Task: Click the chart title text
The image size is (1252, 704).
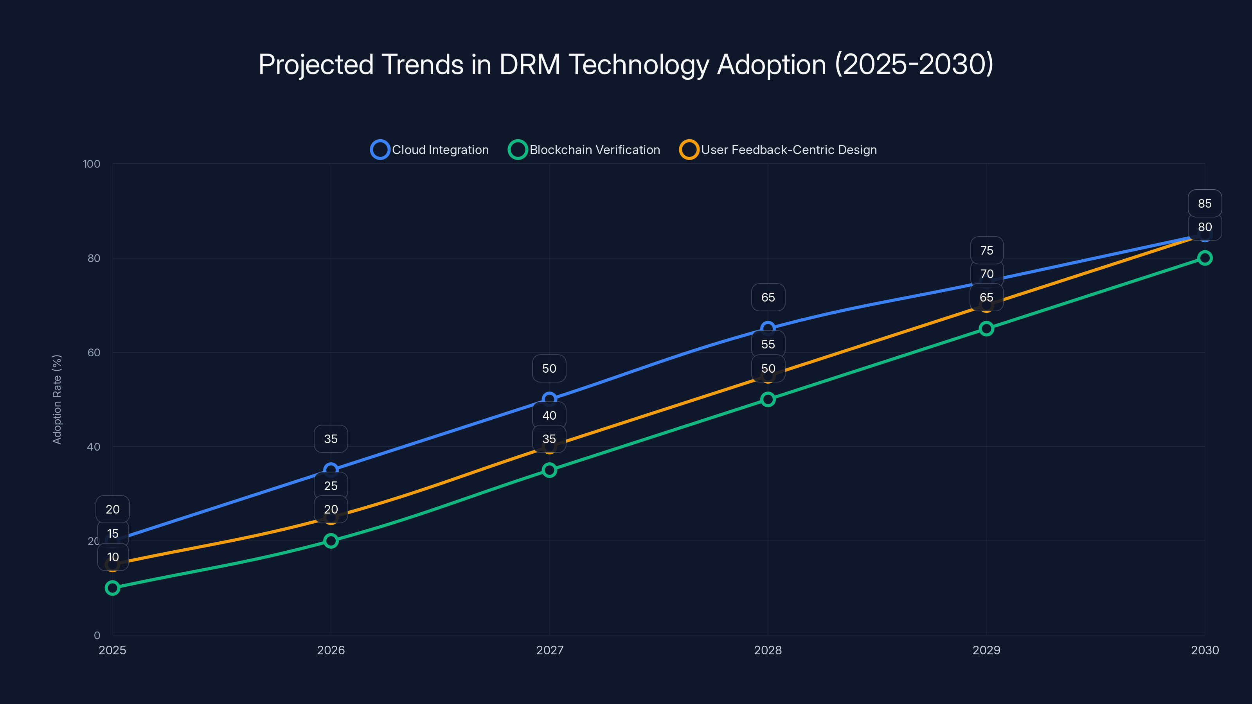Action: (x=626, y=65)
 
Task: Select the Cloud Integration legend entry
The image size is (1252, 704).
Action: (x=430, y=150)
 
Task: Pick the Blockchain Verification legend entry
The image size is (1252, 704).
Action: (x=584, y=150)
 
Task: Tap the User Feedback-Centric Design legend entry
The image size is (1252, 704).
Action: (x=778, y=150)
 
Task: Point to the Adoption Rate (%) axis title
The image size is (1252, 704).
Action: (x=57, y=399)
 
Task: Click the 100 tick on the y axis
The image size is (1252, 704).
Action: (x=92, y=164)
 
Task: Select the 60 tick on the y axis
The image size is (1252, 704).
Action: (x=94, y=352)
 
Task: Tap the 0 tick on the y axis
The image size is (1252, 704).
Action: (x=97, y=635)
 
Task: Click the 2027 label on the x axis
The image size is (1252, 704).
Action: (x=549, y=650)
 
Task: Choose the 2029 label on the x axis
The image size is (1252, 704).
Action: (x=986, y=650)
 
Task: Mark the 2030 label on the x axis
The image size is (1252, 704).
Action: (x=1204, y=650)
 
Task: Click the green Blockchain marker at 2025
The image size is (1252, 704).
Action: (x=112, y=588)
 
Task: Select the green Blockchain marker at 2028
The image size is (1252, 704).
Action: (x=768, y=399)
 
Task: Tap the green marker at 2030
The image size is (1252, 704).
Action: (x=1204, y=258)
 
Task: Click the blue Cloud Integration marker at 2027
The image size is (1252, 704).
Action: (x=549, y=399)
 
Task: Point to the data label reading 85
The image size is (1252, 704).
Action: (x=1204, y=203)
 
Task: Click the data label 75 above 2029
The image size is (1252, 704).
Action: (x=986, y=250)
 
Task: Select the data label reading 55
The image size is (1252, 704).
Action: (x=768, y=344)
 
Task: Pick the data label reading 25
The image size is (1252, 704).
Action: (x=331, y=486)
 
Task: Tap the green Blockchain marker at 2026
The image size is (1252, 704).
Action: (x=331, y=541)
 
